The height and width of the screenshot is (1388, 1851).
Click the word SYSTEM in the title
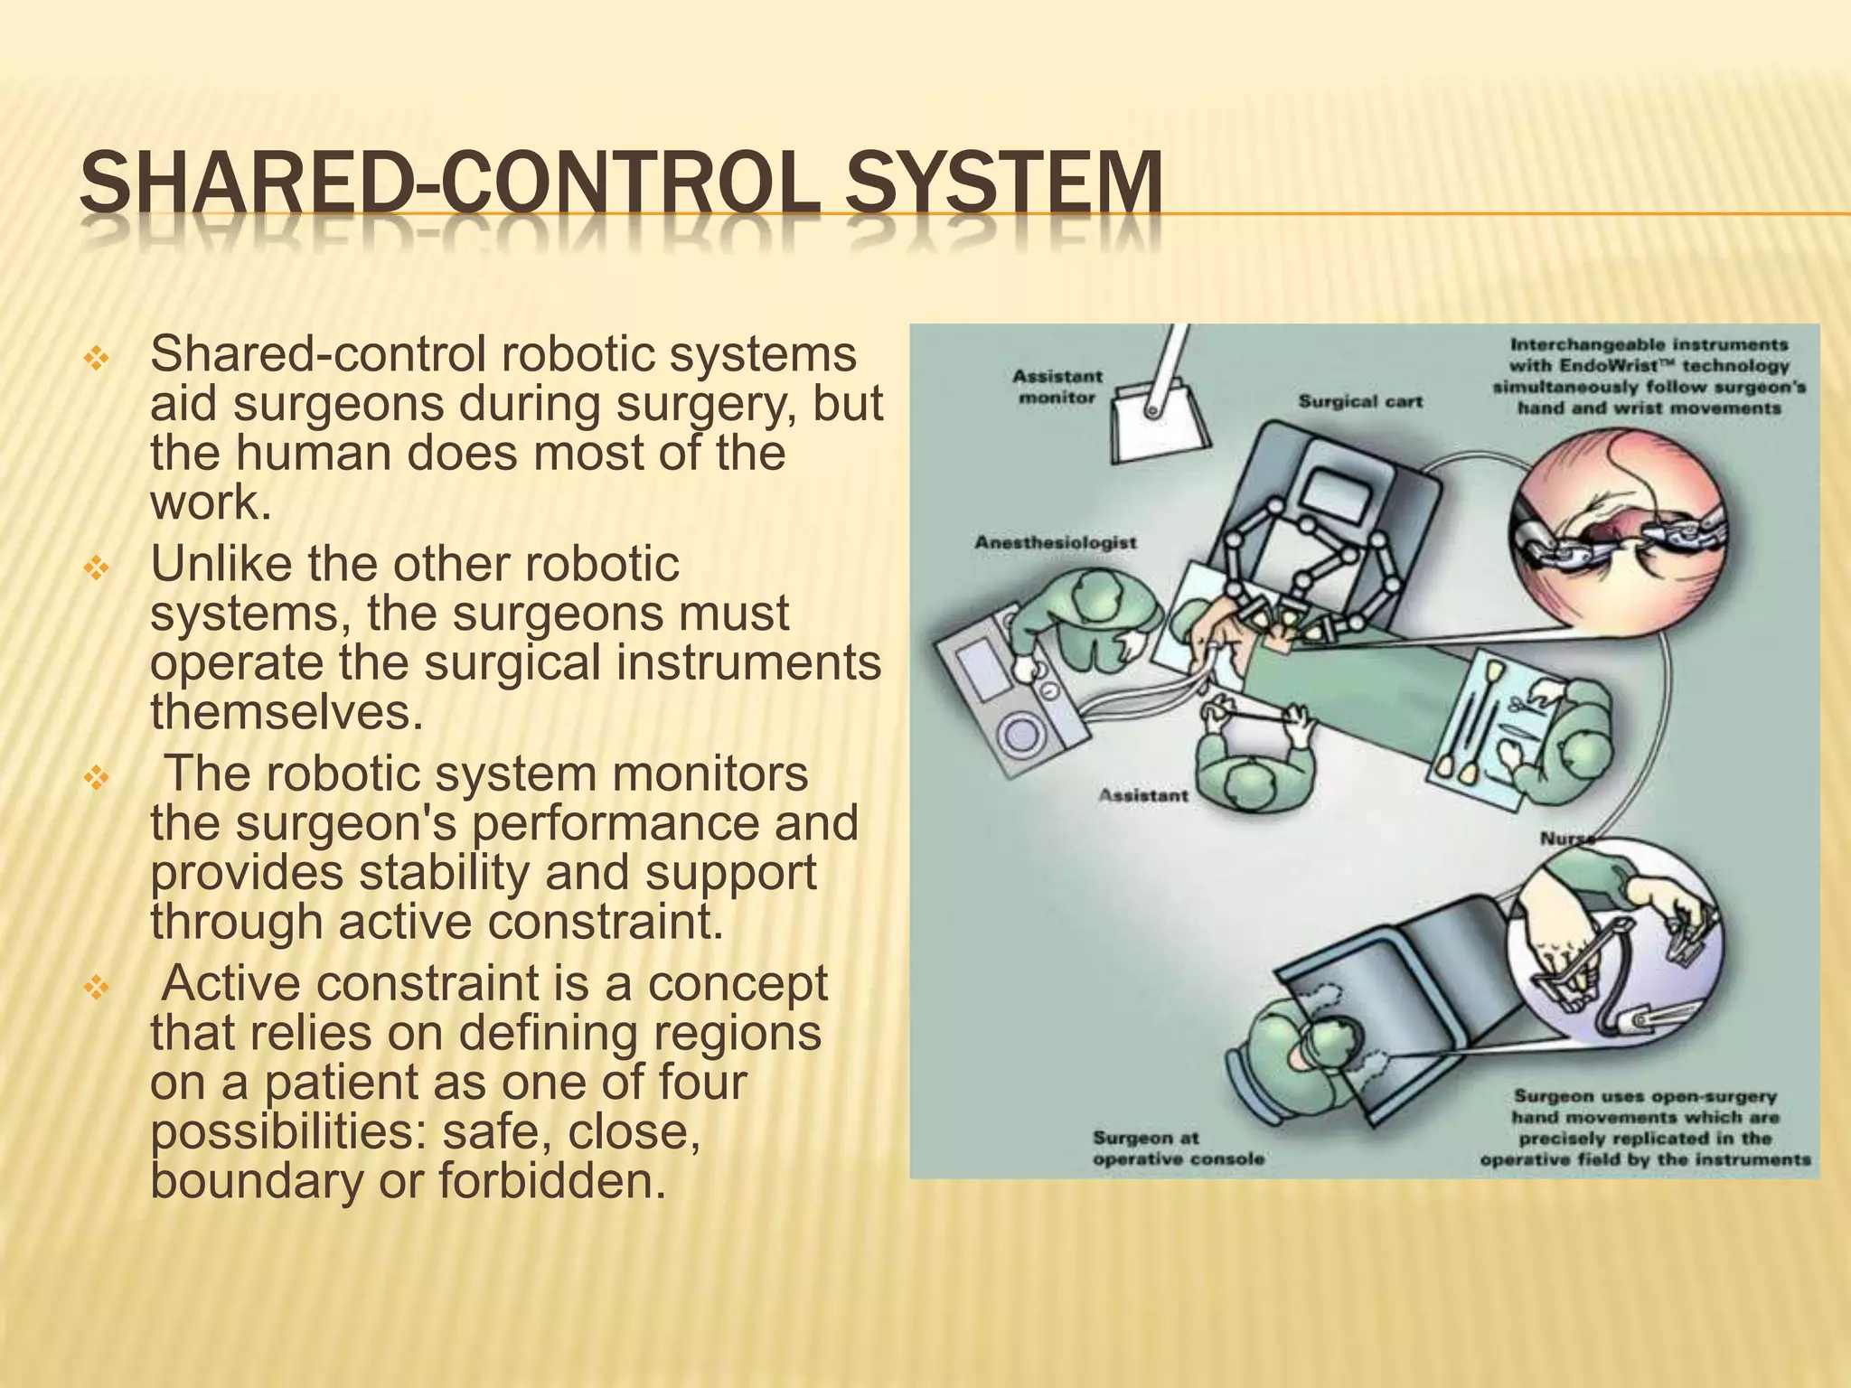coord(1004,184)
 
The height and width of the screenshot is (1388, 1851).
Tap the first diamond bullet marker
coord(95,360)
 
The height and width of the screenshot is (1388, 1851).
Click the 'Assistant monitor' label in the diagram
coord(1057,386)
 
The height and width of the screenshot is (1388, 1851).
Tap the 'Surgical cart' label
coord(1360,400)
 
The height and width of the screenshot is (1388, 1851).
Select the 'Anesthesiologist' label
coord(1056,542)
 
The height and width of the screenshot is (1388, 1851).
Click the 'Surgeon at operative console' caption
coord(1178,1148)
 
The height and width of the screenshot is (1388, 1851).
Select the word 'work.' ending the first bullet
coord(211,502)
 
